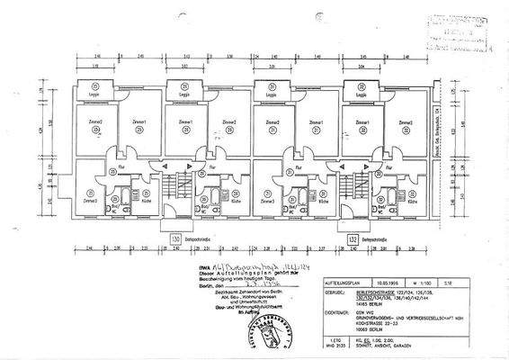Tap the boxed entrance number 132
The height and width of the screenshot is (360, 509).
point(353,240)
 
